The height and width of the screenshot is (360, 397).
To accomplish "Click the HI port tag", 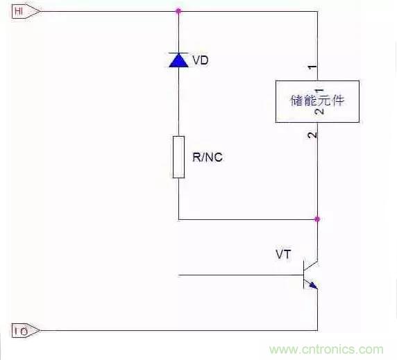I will coord(21,10).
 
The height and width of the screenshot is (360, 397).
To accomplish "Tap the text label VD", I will coord(200,60).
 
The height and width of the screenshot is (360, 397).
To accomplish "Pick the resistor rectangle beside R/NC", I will coord(178,156).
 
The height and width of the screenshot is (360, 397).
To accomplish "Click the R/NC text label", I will coord(208,157).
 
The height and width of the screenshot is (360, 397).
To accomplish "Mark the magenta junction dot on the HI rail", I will coord(178,10).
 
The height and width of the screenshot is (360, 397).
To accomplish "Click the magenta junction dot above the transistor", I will coord(317,219).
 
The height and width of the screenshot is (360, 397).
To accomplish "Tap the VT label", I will coord(283,255).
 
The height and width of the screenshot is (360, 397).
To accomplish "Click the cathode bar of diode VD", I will coord(178,53).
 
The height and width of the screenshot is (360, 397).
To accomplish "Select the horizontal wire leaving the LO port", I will coord(174,330).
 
